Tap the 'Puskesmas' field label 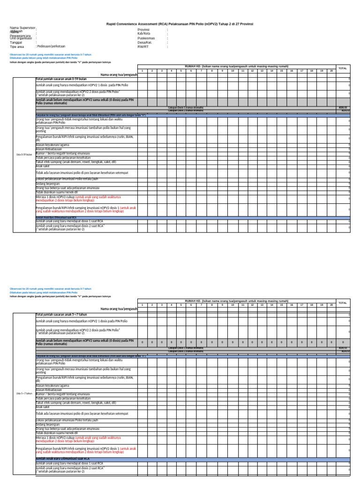click(x=146, y=38)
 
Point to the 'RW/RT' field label click(x=142, y=47)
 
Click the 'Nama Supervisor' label click(x=22, y=28)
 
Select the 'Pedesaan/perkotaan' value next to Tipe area click(x=51, y=46)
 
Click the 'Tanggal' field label click(x=16, y=42)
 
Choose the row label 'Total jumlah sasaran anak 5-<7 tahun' click(x=61, y=315)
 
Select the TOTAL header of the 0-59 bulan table click(x=343, y=68)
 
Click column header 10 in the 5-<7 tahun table click(x=232, y=305)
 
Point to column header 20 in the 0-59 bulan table click(x=331, y=70)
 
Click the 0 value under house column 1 click(x=142, y=343)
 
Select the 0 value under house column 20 click(x=331, y=343)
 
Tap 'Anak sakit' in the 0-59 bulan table click(x=43, y=166)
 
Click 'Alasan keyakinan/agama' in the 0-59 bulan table click(x=52, y=145)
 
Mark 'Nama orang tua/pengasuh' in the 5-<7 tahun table click(x=118, y=309)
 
